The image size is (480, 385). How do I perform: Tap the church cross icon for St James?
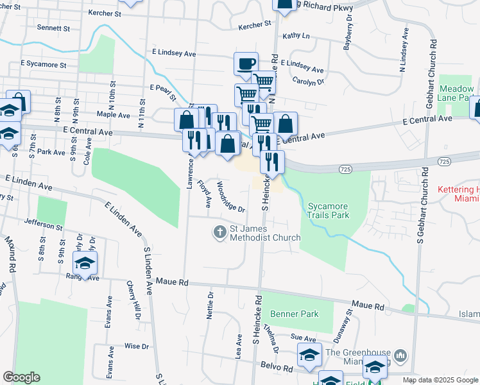(x=220, y=232)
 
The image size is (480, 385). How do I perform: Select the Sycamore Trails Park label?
(x=328, y=210)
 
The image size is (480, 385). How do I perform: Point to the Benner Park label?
(x=295, y=314)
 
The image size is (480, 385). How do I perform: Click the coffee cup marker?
(x=246, y=64)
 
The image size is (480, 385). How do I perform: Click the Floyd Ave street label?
(x=205, y=193)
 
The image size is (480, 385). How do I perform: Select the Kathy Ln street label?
(x=296, y=36)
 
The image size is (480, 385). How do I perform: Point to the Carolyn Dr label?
(x=308, y=81)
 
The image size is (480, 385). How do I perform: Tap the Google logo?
(x=21, y=377)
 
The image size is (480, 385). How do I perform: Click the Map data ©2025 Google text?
(x=441, y=380)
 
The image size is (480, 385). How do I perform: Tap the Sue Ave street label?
(x=304, y=338)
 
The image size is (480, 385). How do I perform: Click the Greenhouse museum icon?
(x=400, y=355)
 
